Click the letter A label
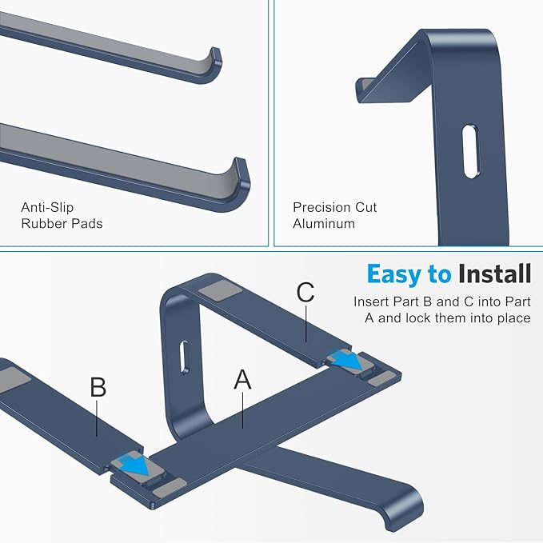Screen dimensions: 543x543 [242, 380]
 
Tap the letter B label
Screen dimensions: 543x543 [98, 387]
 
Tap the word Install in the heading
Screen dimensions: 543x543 [494, 274]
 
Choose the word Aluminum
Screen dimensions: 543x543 [323, 224]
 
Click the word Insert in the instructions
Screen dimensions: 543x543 [371, 302]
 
